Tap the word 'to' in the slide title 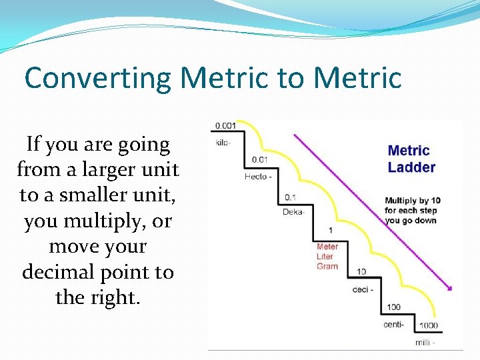(290, 77)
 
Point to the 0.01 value (260, 160)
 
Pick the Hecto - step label (258, 177)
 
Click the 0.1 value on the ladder (291, 197)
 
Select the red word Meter (327, 247)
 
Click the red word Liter (325, 257)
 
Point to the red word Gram (327, 266)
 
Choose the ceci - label (363, 290)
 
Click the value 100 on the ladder (393, 307)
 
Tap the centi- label (395, 325)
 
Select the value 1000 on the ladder (429, 325)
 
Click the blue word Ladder (411, 167)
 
